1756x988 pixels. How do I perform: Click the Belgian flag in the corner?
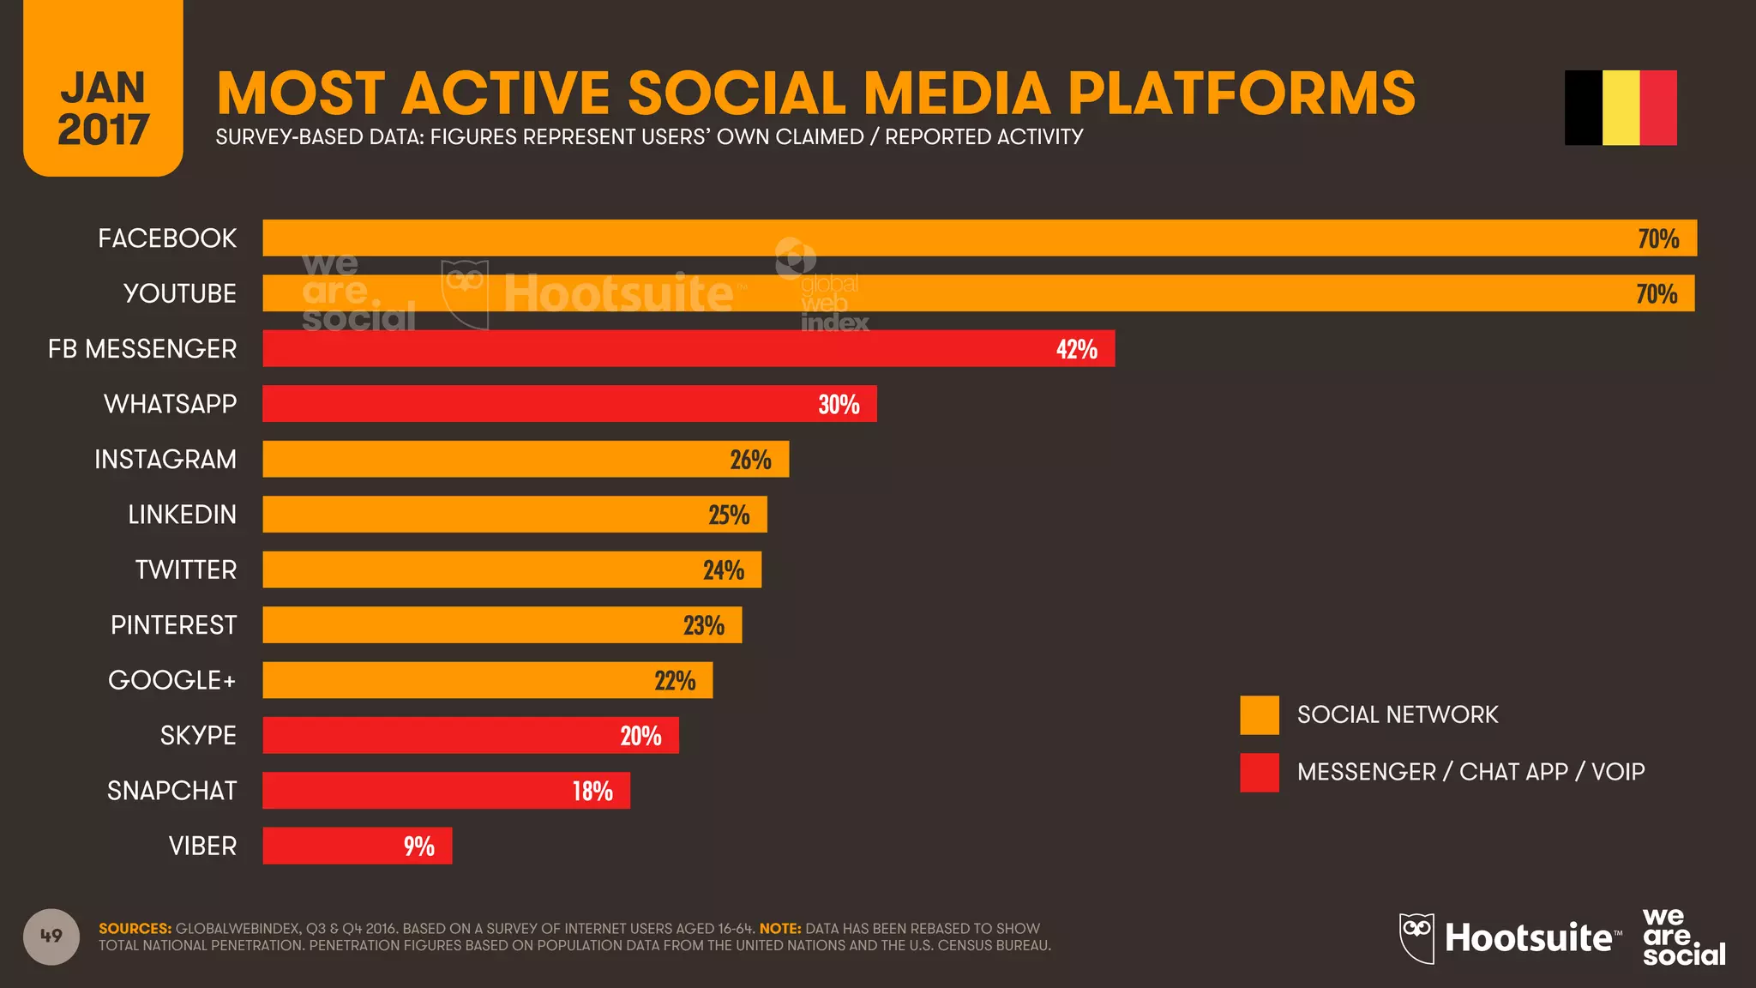(x=1621, y=107)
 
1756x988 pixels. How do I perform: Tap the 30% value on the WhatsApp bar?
(x=839, y=404)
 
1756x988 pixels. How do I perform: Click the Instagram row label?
(x=165, y=459)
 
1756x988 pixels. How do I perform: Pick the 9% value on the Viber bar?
(x=418, y=846)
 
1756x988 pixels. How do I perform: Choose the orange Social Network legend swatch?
(x=1259, y=714)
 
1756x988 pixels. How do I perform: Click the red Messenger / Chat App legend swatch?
(x=1259, y=772)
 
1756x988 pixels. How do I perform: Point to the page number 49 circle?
(x=51, y=936)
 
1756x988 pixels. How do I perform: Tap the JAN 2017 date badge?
(x=103, y=107)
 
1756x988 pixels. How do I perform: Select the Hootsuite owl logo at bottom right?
(x=1416, y=937)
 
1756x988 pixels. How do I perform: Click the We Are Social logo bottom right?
(x=1682, y=937)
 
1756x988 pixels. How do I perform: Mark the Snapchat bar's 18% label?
(x=592, y=791)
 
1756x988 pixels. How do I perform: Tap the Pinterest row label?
(x=173, y=625)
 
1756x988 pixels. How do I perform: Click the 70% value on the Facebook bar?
(x=1657, y=238)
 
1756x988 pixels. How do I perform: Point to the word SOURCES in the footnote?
(x=135, y=928)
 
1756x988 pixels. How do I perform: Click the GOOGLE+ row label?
(x=171, y=680)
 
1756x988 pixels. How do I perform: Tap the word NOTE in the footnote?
(x=779, y=928)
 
